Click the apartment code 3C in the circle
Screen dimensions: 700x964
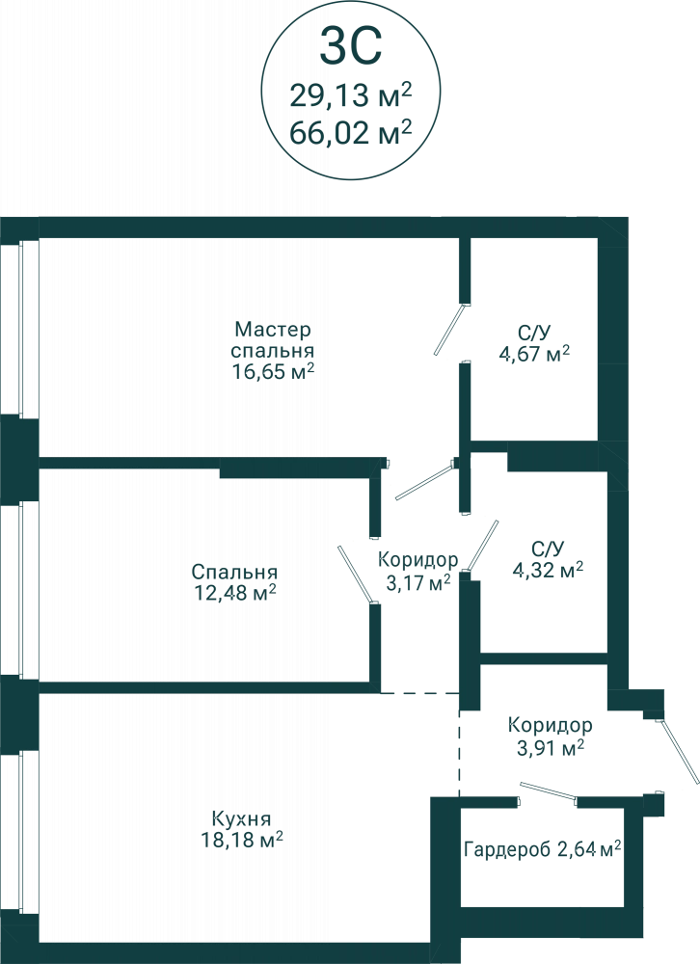(351, 45)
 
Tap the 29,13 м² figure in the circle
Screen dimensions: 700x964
(350, 94)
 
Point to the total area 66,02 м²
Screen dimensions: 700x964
(350, 131)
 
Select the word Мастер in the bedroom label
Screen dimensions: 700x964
(273, 329)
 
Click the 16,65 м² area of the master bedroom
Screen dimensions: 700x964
(273, 371)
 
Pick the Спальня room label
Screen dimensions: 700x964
(234, 572)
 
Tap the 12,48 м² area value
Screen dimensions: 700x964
(233, 593)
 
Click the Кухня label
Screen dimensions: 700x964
(241, 818)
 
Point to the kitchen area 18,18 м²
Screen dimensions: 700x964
(242, 840)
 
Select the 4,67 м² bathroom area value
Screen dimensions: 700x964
(534, 354)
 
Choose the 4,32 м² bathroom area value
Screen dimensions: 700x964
(548, 570)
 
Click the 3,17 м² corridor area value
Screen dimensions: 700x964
(417, 581)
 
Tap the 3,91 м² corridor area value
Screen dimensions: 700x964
(551, 748)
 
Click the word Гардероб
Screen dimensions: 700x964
(507, 849)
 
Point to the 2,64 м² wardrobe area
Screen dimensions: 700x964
(588, 849)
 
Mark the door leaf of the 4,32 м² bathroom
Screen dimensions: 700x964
(482, 546)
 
